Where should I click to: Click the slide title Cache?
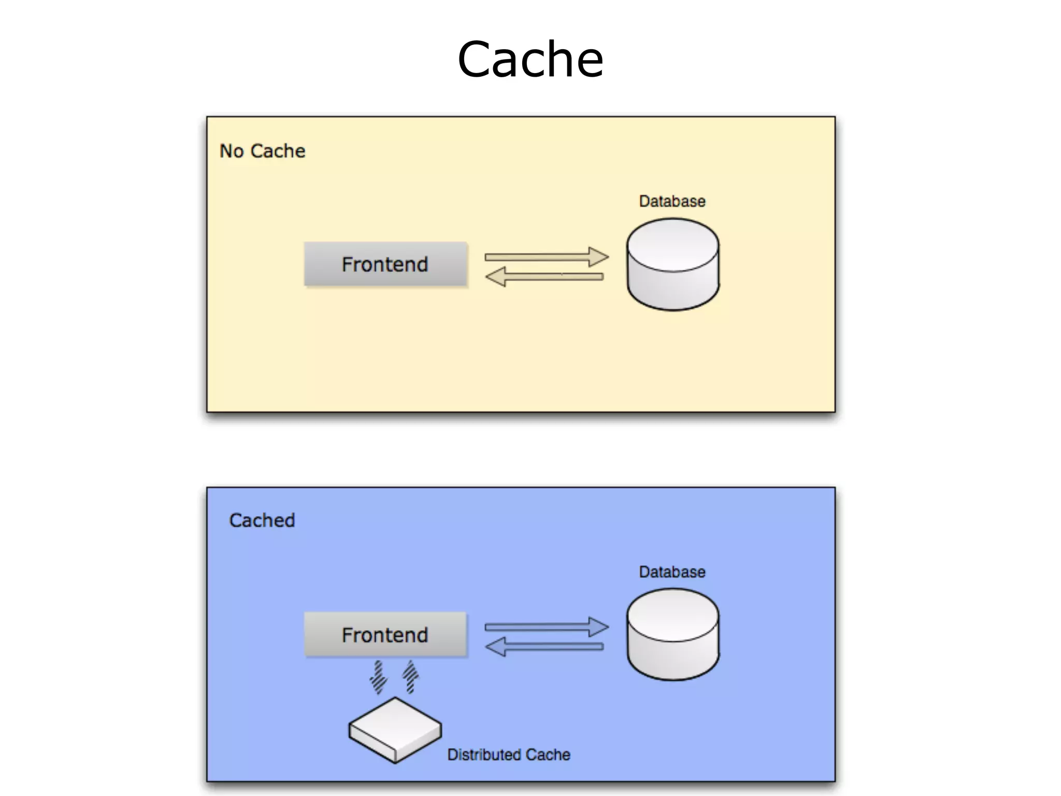pyautogui.click(x=530, y=59)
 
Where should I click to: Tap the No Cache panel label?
pyautogui.click(x=262, y=151)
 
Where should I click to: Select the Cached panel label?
pyautogui.click(x=262, y=520)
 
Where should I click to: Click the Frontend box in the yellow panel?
pyautogui.click(x=385, y=264)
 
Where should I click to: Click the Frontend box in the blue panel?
pyautogui.click(x=385, y=635)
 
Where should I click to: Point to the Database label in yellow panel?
pyautogui.click(x=672, y=201)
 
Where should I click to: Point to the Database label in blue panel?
pyautogui.click(x=672, y=572)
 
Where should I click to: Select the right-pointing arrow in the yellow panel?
pyautogui.click(x=546, y=257)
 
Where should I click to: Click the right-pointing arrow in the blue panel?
pyautogui.click(x=546, y=627)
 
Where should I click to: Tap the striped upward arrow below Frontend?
pyautogui.click(x=410, y=676)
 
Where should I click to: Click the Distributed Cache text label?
pyautogui.click(x=509, y=755)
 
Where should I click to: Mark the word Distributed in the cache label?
pyautogui.click(x=479, y=755)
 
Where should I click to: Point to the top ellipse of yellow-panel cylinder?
pyautogui.click(x=672, y=245)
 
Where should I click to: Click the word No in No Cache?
pyautogui.click(x=231, y=151)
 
